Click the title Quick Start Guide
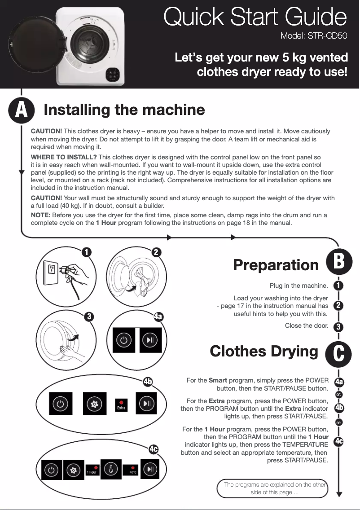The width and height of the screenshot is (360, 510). tap(255, 18)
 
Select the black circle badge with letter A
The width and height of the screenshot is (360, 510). tap(21, 110)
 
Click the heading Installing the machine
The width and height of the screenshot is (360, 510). tap(124, 110)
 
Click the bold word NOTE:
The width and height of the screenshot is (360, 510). tap(40, 215)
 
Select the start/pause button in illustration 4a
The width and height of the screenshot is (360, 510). tap(150, 340)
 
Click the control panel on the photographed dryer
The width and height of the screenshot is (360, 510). tap(115, 74)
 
